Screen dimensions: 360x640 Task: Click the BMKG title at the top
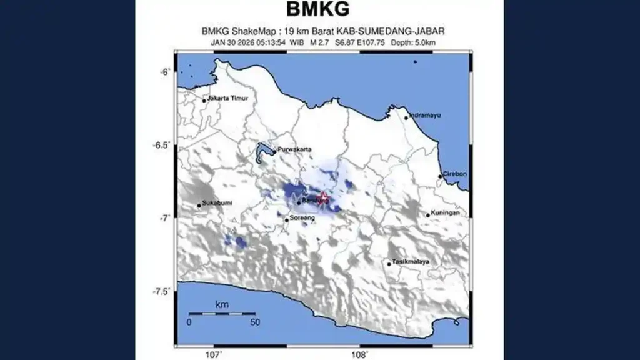[318, 10]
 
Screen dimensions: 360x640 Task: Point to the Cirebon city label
[455, 174]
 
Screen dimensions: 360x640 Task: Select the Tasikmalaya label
[411, 261]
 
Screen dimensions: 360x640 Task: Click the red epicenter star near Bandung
[323, 198]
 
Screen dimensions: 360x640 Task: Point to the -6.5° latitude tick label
[161, 145]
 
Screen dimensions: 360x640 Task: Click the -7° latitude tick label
[165, 217]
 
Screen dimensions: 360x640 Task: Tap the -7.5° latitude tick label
[161, 291]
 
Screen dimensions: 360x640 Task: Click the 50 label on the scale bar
[254, 322]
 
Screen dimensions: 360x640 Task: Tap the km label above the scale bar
[221, 304]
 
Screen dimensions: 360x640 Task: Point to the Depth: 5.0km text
[412, 42]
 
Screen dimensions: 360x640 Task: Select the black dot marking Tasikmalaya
[389, 264]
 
